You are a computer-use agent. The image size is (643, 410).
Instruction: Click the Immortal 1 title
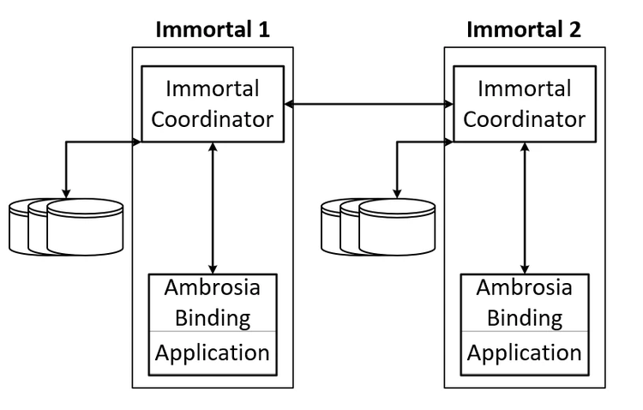pos(213,30)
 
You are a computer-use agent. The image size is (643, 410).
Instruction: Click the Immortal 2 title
pos(524,30)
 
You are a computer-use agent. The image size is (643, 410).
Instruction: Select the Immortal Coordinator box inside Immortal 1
pos(213,103)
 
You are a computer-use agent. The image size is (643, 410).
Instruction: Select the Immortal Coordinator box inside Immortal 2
pos(524,103)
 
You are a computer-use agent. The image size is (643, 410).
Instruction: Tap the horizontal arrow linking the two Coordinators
pos(369,105)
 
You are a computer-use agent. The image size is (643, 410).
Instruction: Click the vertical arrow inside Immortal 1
pos(213,206)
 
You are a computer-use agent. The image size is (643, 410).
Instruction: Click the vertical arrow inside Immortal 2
pos(524,206)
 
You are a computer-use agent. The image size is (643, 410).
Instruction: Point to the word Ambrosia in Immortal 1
pos(213,286)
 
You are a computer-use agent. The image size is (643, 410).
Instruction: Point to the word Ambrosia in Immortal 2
pos(524,286)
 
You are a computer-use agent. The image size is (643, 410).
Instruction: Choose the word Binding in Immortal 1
pos(213,317)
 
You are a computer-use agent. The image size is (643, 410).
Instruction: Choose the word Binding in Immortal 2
pos(524,317)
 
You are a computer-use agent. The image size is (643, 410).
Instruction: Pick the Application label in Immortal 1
pos(213,353)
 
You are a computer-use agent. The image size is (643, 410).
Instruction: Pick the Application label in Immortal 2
pos(524,353)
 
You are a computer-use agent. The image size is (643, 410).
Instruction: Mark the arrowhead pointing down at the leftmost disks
pos(66,192)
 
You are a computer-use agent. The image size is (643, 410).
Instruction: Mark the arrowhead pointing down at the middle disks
pos(395,192)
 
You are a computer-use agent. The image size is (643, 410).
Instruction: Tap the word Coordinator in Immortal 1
pos(213,118)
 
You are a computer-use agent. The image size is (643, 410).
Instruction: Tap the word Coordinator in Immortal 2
pos(524,118)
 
